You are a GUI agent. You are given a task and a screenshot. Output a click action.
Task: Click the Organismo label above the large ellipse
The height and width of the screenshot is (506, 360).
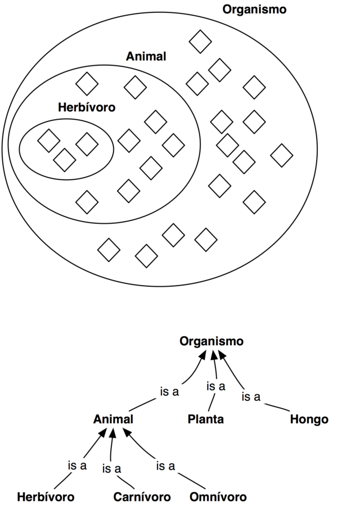pos(254,10)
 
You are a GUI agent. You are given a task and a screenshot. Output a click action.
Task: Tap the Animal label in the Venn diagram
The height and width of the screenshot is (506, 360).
pos(146,57)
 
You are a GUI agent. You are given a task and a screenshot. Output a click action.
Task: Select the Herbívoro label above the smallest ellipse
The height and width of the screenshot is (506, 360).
pos(87,107)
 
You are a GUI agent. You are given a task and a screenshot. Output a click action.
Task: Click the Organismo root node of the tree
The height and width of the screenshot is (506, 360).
pos(211,341)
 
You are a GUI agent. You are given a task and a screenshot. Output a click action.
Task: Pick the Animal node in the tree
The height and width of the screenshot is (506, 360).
pos(114,419)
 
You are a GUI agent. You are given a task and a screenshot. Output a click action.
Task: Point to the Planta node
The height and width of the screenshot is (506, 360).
pos(206,419)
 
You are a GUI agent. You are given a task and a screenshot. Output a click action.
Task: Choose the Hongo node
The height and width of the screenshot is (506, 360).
pos(309,419)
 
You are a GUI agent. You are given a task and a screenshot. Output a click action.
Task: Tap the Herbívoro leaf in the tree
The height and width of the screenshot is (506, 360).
pos(46,498)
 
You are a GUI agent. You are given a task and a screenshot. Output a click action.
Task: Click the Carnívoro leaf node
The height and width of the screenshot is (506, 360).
pos(141,498)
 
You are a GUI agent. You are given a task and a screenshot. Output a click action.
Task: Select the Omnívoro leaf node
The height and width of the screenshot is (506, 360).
pos(218,498)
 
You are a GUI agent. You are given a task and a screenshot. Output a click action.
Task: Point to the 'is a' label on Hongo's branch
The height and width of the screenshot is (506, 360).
pos(251,397)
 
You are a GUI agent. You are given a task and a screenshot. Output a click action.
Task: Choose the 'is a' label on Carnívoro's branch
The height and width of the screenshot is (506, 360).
pos(112,469)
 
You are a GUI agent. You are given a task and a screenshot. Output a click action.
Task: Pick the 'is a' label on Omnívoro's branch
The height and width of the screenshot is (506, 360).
pos(165,466)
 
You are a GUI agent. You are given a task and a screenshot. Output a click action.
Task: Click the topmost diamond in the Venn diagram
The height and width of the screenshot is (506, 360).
pos(200,42)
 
